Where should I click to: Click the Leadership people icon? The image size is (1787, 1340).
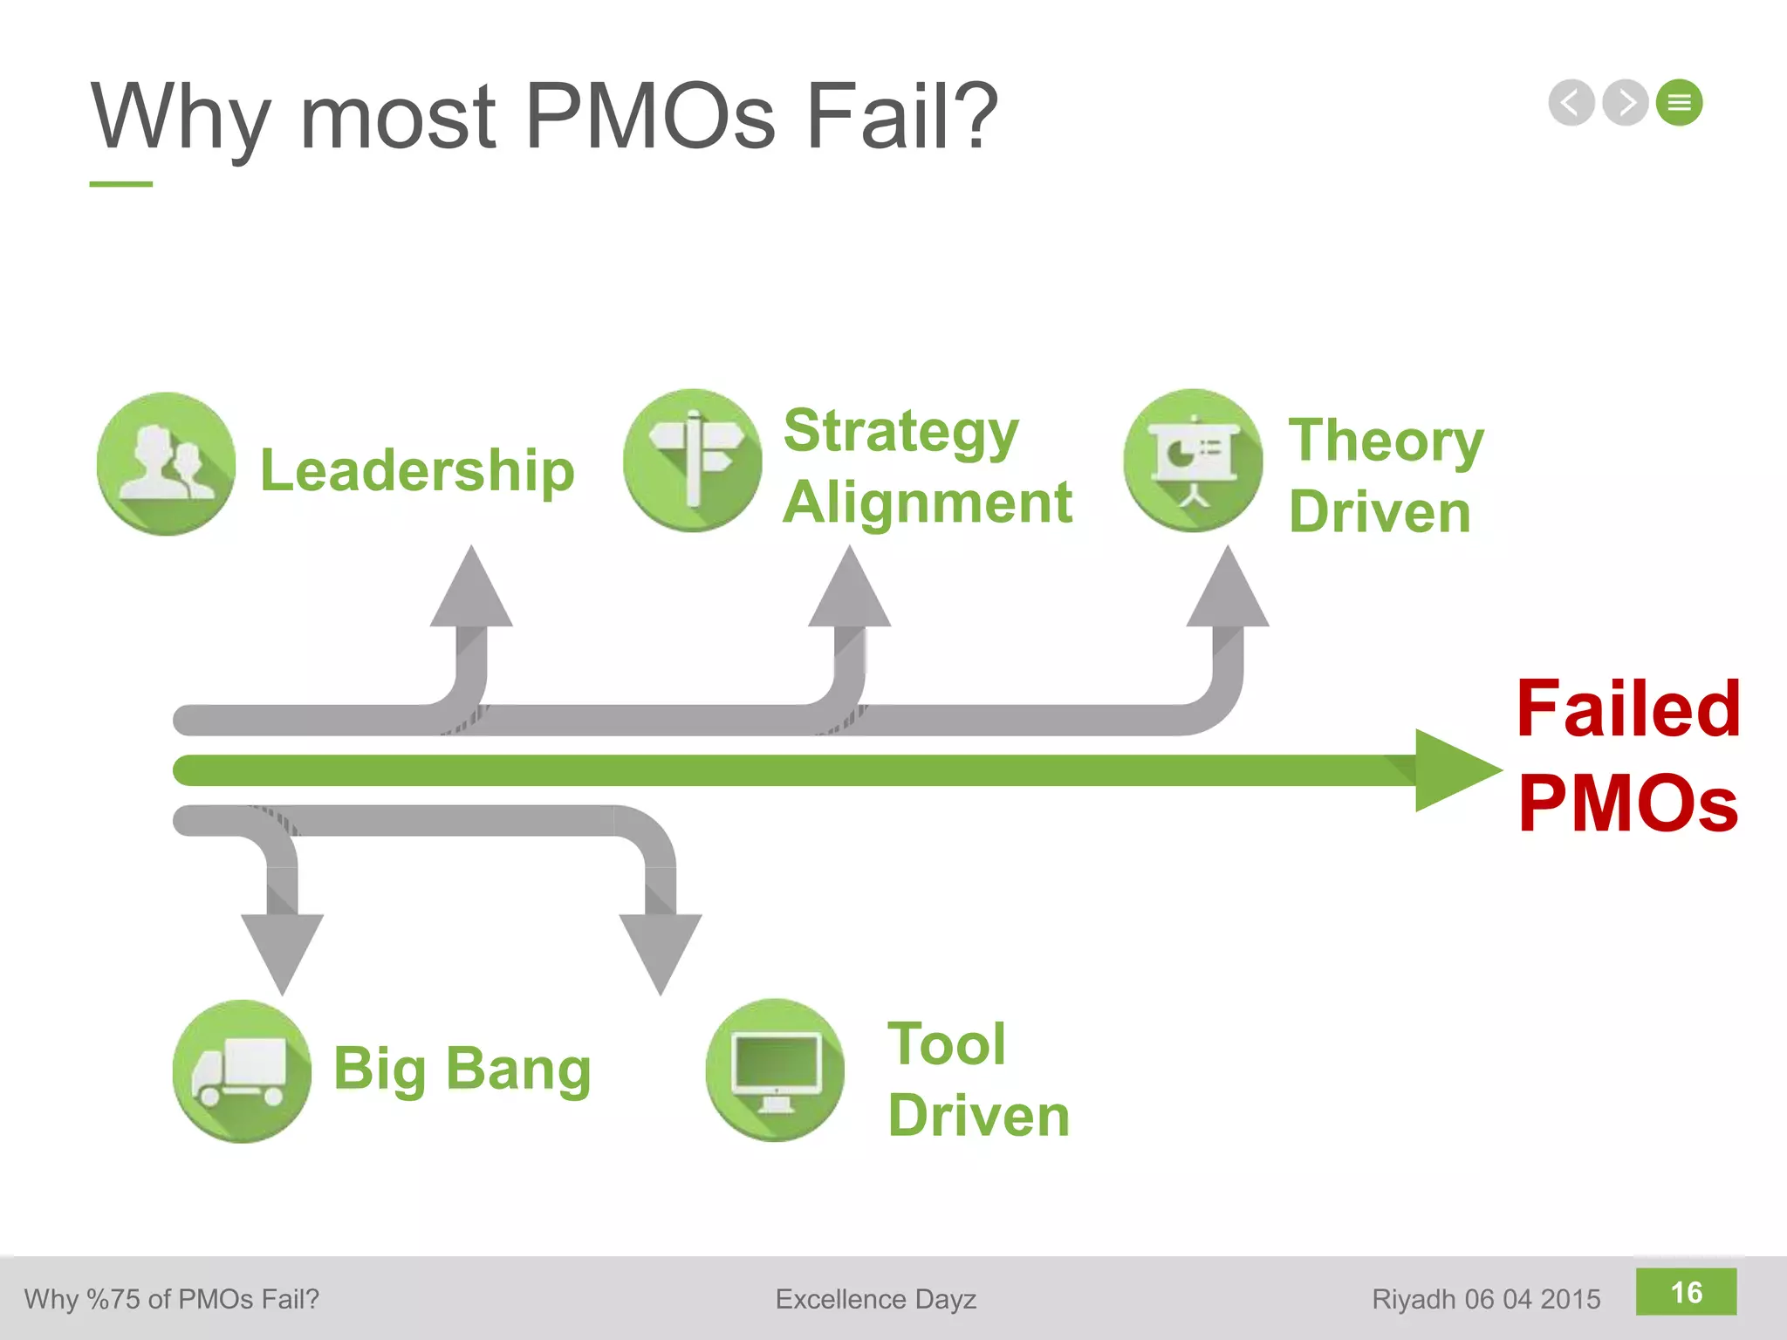[166, 463]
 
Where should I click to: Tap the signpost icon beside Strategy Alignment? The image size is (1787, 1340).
[693, 461]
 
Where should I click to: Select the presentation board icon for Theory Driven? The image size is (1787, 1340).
[1193, 461]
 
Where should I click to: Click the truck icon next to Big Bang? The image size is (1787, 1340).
[242, 1071]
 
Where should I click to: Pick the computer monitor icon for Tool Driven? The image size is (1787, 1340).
[775, 1070]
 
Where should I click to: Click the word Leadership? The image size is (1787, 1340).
[417, 471]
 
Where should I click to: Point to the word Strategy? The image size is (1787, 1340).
[900, 432]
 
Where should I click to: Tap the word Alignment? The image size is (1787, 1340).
[927, 503]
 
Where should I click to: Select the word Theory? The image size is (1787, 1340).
[1386, 441]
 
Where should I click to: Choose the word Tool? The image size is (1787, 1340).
[947, 1043]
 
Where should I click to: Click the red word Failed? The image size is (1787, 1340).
[1628, 708]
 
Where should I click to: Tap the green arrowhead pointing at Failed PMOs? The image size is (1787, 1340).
[1453, 770]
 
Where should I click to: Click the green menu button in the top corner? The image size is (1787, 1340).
[1679, 103]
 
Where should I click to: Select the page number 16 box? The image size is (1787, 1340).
[1686, 1292]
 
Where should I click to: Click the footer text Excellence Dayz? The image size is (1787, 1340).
[875, 1299]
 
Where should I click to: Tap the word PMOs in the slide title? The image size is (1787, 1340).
[650, 116]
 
